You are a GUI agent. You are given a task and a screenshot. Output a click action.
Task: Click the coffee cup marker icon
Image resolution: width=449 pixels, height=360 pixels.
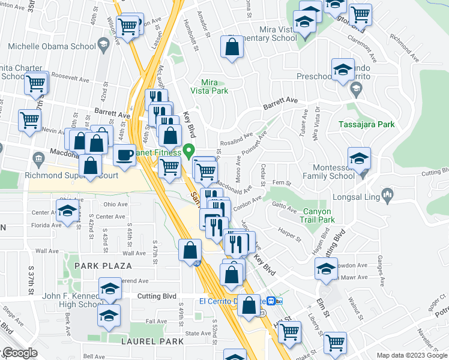point(124,155)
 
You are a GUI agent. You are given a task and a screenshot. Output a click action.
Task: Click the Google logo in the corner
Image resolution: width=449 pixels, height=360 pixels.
point(19,353)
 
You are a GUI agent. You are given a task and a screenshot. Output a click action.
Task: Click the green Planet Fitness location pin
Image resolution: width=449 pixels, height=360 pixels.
point(190,150)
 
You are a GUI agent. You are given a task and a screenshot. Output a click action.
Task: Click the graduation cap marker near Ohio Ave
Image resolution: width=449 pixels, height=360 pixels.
point(67,210)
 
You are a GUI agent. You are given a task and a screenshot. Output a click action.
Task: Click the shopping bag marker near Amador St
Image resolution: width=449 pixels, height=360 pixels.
point(232,47)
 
